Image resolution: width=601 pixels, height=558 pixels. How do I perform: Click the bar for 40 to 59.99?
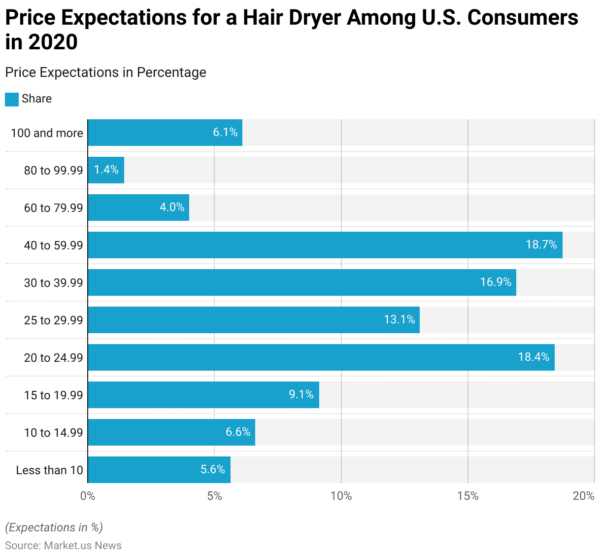[325, 245]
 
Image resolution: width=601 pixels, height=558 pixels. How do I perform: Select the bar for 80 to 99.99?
[106, 170]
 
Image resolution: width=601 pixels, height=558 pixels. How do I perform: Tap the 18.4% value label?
[534, 357]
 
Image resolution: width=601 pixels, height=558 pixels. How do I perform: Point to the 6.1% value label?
[225, 132]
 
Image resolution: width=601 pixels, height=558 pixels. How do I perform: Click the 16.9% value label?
[496, 282]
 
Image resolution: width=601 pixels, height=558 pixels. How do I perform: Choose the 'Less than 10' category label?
[49, 470]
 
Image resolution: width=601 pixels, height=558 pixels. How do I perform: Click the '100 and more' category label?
[47, 133]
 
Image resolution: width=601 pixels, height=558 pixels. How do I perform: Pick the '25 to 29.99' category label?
[53, 320]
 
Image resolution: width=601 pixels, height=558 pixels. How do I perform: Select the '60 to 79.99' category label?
[53, 208]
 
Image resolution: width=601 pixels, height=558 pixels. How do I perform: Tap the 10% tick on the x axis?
[341, 496]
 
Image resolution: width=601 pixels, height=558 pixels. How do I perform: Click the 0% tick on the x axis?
[88, 496]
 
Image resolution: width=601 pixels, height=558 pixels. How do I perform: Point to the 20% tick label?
[584, 496]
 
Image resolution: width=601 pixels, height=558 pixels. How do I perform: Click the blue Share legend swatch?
[12, 99]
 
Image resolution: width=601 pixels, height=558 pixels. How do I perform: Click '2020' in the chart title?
[53, 42]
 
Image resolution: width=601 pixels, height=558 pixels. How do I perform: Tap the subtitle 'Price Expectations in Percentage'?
[105, 72]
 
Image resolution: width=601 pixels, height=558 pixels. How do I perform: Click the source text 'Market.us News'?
[83, 546]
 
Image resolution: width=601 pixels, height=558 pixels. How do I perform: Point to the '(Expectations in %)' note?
[54, 527]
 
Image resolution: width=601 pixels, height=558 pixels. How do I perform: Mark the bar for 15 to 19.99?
[203, 395]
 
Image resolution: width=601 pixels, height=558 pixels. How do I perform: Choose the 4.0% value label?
[172, 207]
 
